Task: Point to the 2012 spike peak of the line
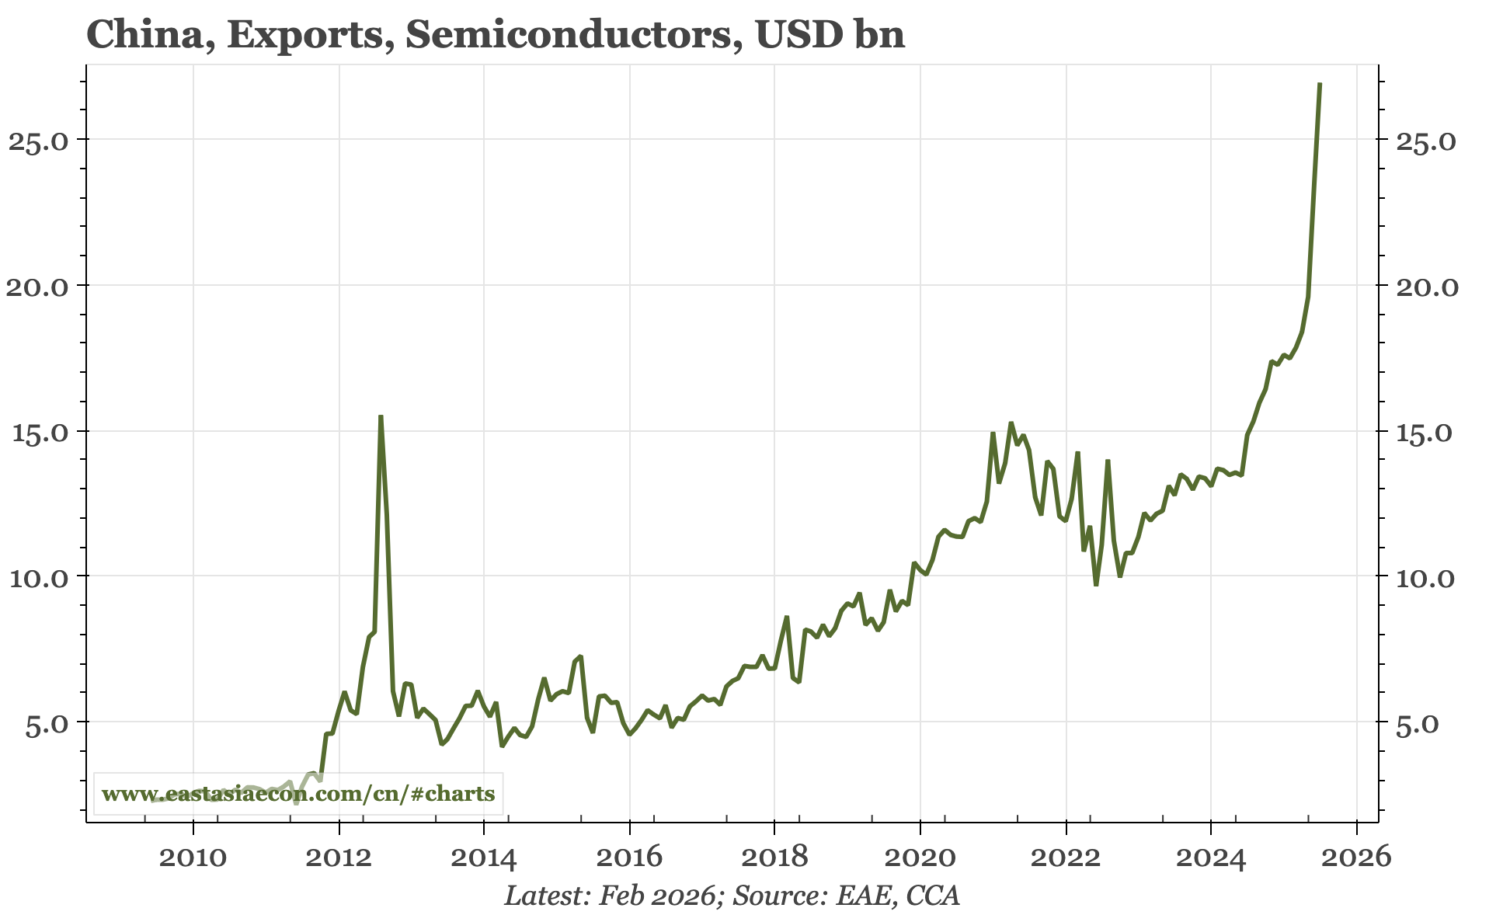pos(381,417)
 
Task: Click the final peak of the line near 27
pos(1320,84)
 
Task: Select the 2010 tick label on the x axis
pos(193,858)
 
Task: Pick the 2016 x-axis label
pos(629,858)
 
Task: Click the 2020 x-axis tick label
pos(920,858)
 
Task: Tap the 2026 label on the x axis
pos(1356,858)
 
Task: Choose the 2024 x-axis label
pos(1211,858)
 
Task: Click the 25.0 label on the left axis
pos(37,141)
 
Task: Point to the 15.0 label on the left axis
pos(37,432)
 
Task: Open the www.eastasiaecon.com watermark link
pos(298,794)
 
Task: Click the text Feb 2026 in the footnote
pos(656,896)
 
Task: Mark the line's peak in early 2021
pos(1011,423)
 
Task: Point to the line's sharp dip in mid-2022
pos(1096,584)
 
